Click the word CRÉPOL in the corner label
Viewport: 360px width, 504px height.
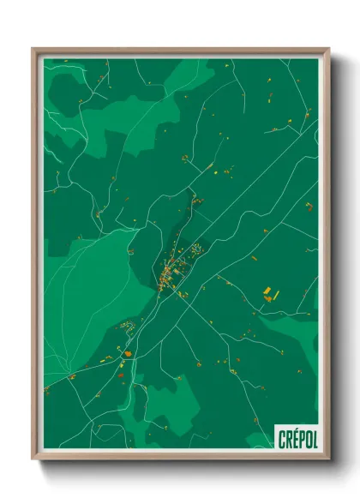tap(297, 439)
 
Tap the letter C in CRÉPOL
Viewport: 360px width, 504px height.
tap(282, 440)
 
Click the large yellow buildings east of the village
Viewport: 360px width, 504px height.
tap(269, 294)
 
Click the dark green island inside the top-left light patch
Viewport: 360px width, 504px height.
tap(69, 87)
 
